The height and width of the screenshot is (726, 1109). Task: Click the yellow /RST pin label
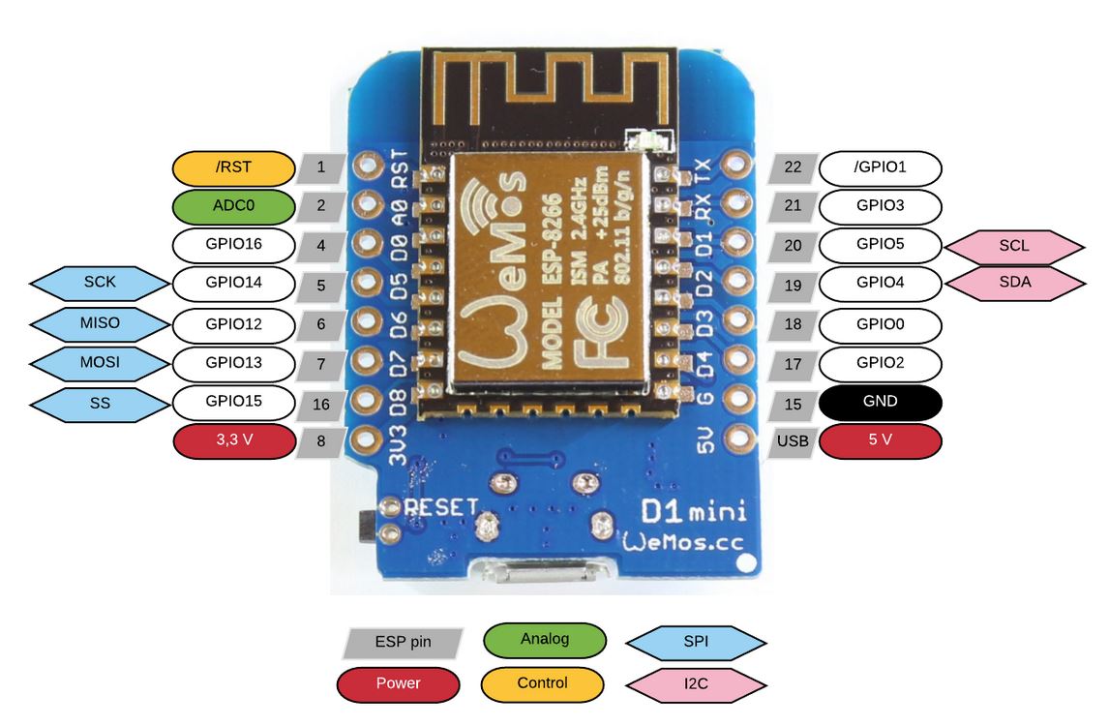tap(232, 167)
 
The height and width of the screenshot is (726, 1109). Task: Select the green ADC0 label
tap(232, 206)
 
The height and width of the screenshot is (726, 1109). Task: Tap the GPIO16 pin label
tap(232, 244)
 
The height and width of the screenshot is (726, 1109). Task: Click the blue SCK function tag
tap(99, 284)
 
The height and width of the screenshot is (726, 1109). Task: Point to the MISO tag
tap(99, 322)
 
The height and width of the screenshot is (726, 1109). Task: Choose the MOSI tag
tap(99, 362)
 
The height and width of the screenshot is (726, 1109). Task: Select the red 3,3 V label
tap(232, 440)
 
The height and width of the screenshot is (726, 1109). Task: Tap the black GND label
tap(880, 402)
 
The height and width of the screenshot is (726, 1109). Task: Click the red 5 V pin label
tap(880, 441)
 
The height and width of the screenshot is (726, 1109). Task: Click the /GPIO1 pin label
tap(880, 167)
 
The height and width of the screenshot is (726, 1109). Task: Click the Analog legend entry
tap(544, 639)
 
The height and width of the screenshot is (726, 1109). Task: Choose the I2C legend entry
tap(696, 683)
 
